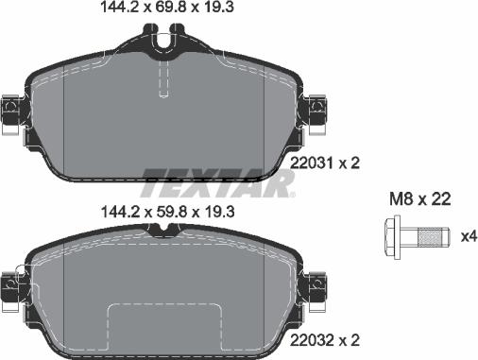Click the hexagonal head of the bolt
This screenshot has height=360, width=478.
point(393,234)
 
